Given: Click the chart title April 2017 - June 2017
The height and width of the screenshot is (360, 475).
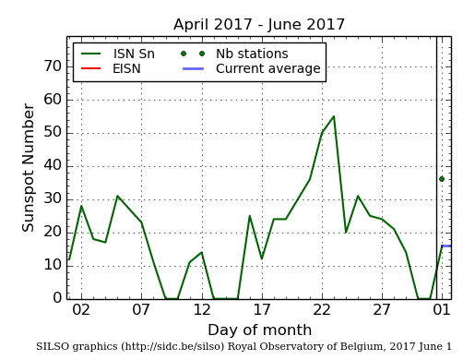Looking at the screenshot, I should click(258, 25).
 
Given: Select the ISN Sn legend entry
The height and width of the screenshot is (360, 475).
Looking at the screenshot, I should click(134, 54).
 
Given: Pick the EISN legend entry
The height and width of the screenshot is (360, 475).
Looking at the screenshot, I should click(126, 68).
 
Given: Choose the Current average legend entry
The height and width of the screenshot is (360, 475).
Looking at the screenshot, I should click(267, 68).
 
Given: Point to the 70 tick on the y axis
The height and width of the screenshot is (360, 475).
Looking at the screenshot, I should click(53, 66).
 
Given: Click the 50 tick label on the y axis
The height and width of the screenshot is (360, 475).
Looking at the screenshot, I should click(53, 133).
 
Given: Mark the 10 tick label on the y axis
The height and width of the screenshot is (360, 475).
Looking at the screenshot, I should click(53, 265).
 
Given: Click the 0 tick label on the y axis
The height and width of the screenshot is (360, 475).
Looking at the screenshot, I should click(57, 298).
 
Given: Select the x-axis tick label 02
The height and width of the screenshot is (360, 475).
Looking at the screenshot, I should click(81, 310).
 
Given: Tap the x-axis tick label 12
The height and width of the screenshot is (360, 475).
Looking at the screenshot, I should click(201, 310).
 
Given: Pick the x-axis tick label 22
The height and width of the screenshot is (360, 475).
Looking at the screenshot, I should click(322, 310).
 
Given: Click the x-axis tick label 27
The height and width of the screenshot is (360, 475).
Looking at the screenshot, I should click(382, 310).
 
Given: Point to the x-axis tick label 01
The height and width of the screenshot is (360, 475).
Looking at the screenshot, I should click(442, 310).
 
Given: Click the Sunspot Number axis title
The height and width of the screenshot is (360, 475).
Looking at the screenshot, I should click(29, 167).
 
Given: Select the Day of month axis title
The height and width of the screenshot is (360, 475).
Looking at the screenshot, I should click(259, 330).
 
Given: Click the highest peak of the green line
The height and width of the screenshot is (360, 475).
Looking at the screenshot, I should click(333, 116).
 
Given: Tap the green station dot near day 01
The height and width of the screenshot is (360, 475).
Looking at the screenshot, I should click(442, 179).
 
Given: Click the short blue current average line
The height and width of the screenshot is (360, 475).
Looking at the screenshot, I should click(445, 246).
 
